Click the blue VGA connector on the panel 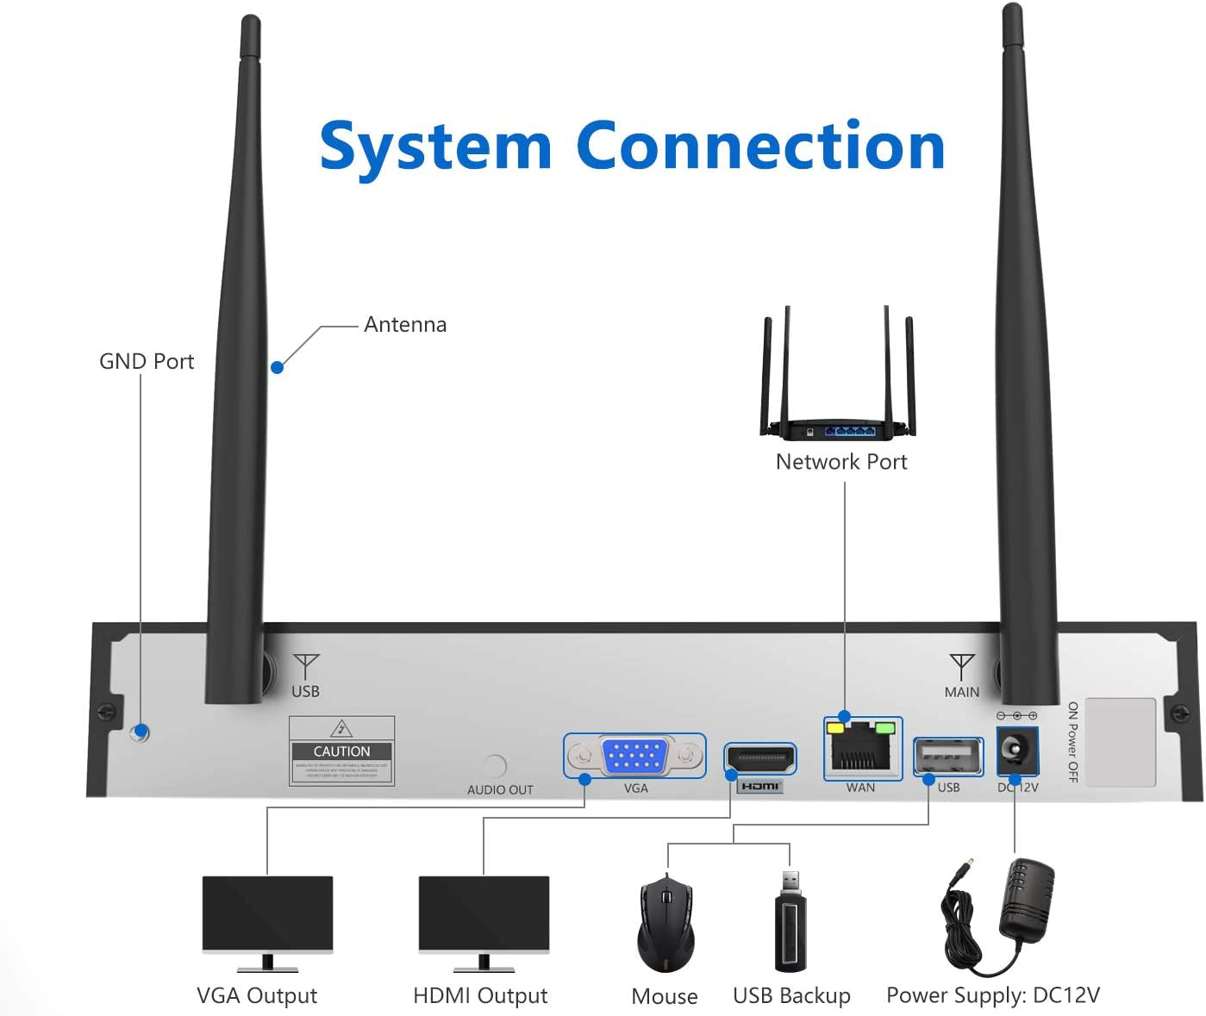[634, 756]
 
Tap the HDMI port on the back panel [759, 759]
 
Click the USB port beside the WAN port [947, 757]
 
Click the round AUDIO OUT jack [495, 765]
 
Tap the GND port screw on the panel [140, 732]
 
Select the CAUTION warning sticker [342, 751]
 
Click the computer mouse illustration [665, 925]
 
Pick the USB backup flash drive [790, 923]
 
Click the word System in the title [435, 146]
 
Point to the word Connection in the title [760, 146]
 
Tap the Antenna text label [405, 325]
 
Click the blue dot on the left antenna [277, 367]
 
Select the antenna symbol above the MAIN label [961, 666]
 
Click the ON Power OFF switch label [1072, 741]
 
